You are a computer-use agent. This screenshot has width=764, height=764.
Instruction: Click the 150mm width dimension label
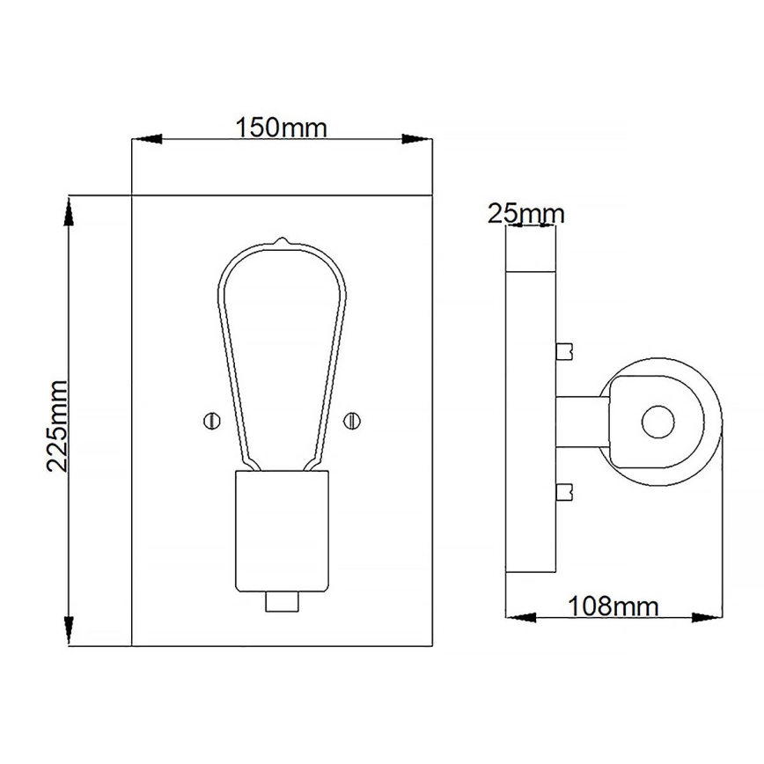(281, 128)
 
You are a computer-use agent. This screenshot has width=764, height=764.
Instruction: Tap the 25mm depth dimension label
(527, 214)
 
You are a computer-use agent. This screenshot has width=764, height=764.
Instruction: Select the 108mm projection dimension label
(613, 606)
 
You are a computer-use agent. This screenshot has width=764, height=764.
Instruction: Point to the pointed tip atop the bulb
(281, 239)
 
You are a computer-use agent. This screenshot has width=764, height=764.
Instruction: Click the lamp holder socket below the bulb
(281, 531)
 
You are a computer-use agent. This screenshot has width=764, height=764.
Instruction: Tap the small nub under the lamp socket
(281, 602)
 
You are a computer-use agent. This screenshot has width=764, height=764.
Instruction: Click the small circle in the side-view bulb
(655, 422)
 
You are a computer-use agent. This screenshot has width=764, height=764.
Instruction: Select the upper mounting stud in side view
(565, 351)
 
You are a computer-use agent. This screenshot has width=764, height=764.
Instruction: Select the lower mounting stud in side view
(565, 490)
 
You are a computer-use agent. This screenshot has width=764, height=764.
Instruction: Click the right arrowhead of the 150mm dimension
(416, 139)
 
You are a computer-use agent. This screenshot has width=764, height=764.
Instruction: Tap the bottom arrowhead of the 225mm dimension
(69, 632)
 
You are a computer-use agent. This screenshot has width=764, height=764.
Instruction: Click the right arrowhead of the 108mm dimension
(708, 615)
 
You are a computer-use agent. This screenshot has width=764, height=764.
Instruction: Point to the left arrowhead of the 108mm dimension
(519, 615)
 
